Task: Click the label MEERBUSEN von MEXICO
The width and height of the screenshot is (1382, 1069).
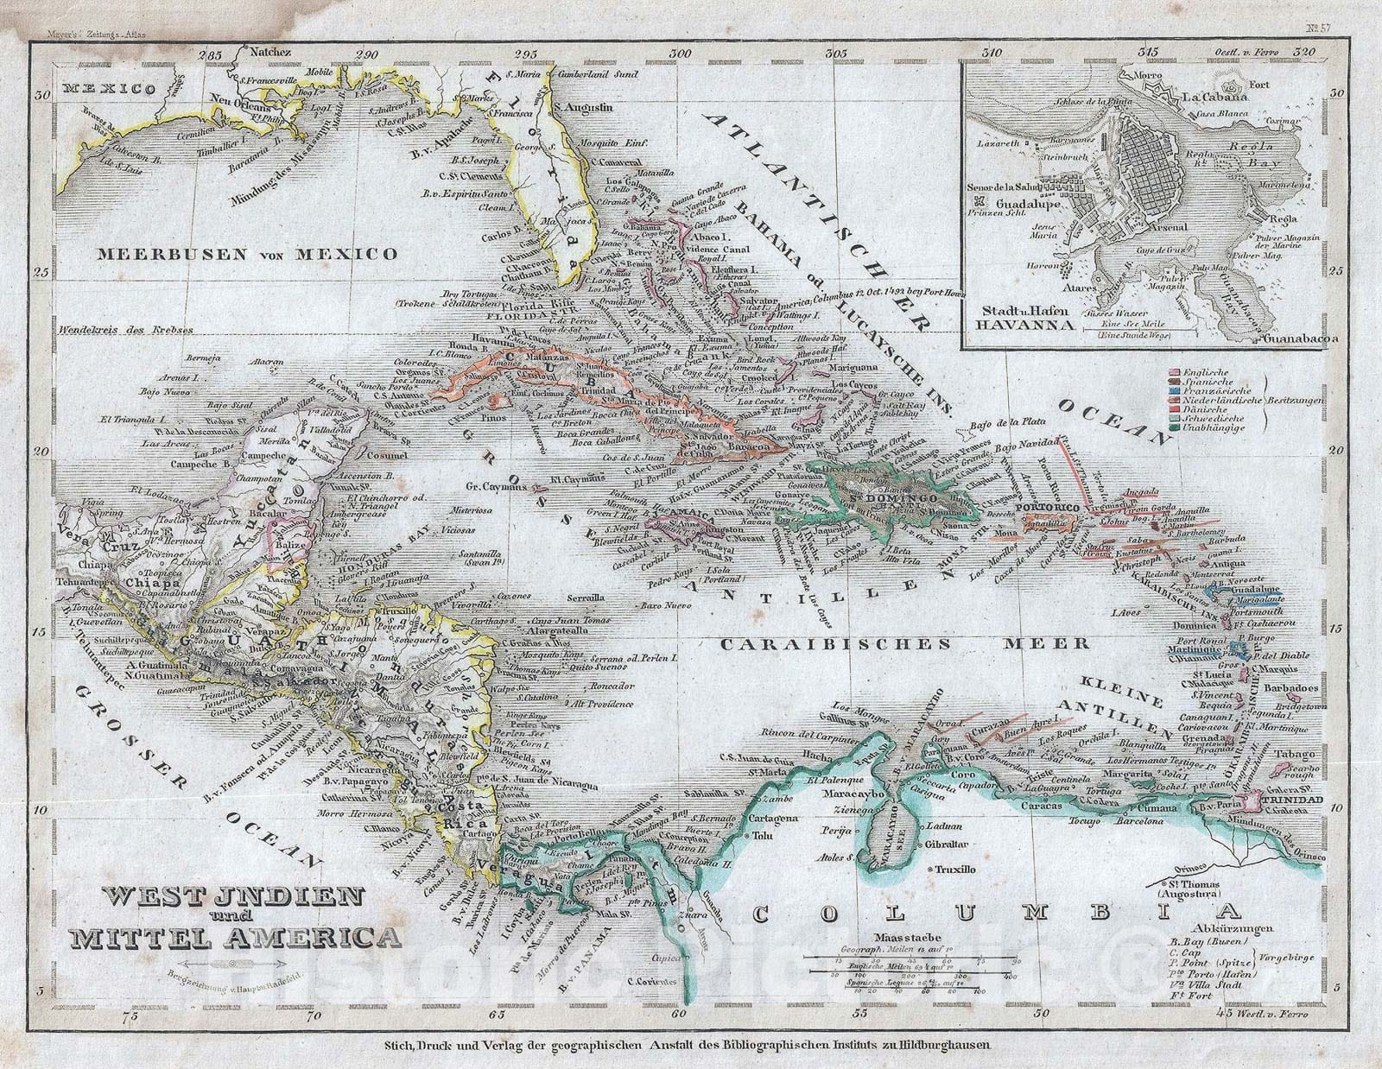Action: tap(247, 254)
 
